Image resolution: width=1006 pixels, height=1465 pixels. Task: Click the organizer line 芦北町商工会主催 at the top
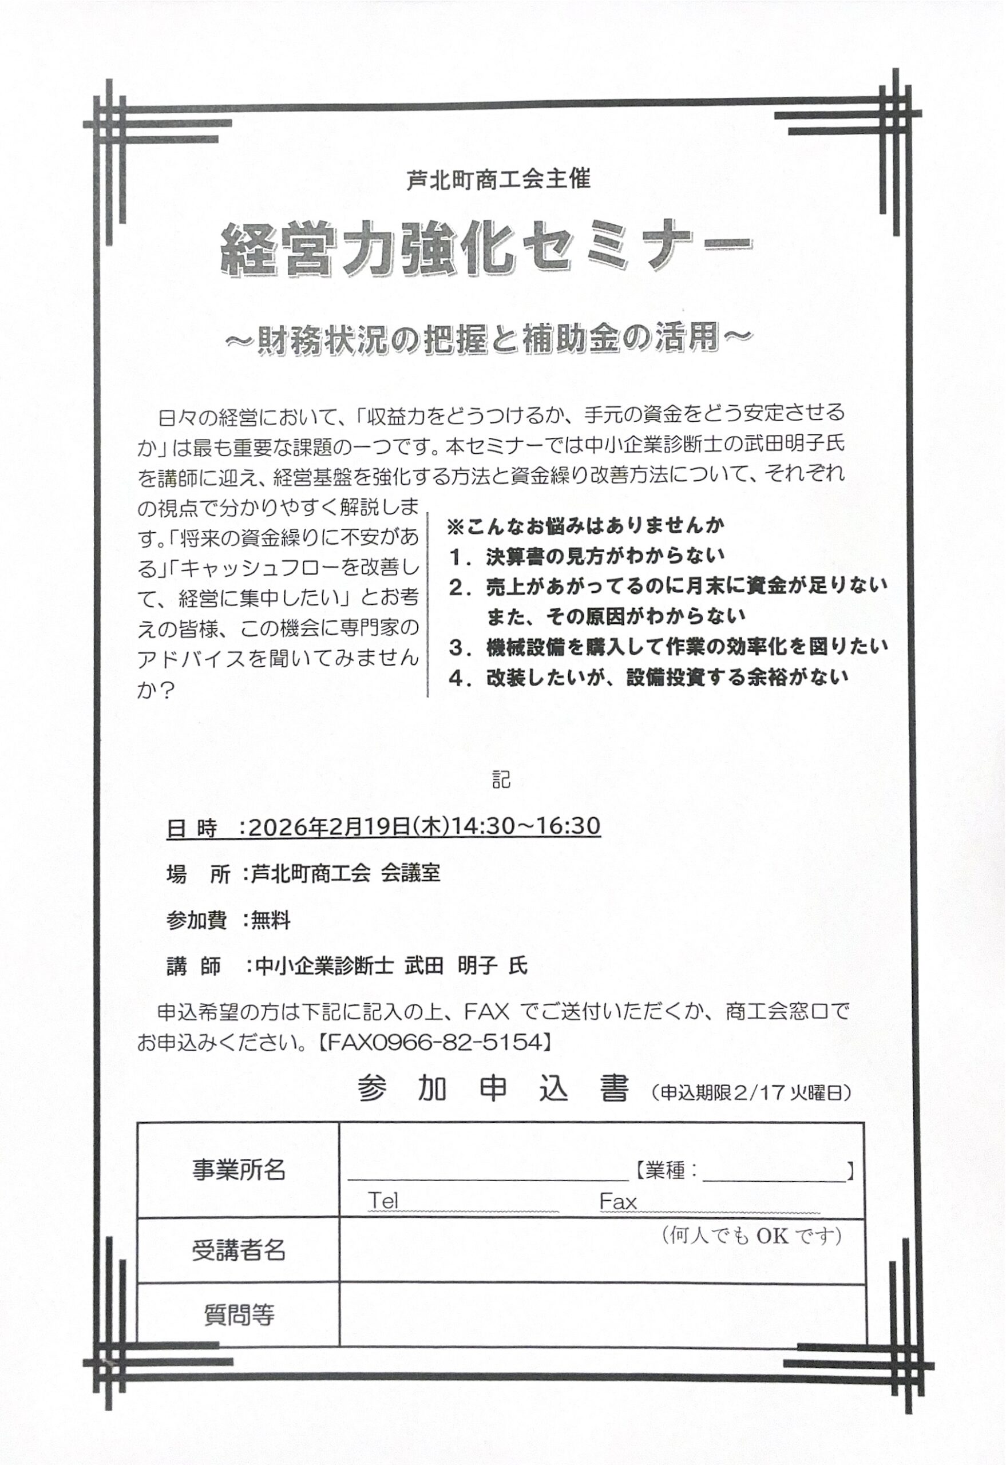coord(498,180)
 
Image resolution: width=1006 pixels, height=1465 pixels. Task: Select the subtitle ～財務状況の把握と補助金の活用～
coord(489,339)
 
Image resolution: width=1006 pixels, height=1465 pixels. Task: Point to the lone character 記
coord(501,780)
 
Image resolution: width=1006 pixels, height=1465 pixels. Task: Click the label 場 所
coord(198,874)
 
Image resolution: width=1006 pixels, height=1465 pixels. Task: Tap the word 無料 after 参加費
coord(271,921)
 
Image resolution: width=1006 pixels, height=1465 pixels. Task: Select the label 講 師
coord(194,967)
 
